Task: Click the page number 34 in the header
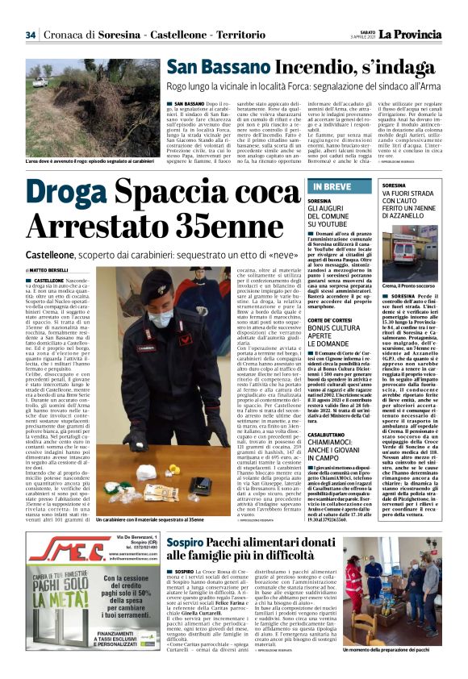click(x=31, y=35)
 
